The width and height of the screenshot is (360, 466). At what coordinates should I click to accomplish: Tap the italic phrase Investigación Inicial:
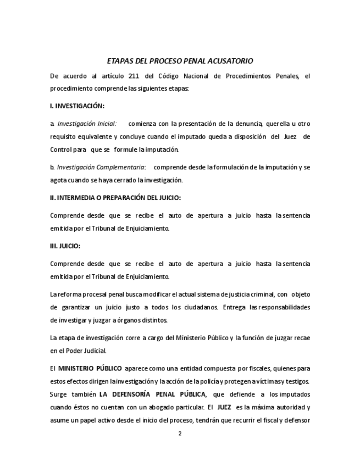(x=87, y=124)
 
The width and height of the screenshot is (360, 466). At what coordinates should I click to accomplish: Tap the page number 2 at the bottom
(x=180, y=433)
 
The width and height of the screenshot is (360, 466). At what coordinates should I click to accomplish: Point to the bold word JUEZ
(x=224, y=407)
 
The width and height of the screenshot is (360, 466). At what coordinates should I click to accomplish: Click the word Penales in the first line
(x=286, y=76)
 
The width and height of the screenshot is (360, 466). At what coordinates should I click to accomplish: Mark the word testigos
(x=297, y=381)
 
